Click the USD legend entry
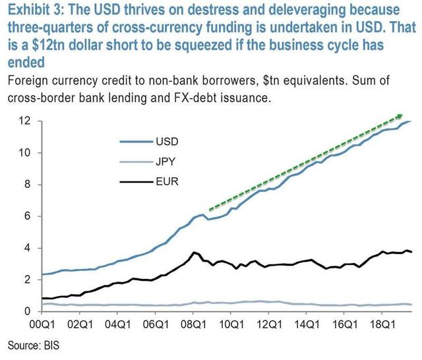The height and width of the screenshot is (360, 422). pyautogui.click(x=167, y=141)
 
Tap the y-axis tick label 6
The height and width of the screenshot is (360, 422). pyautogui.click(x=27, y=216)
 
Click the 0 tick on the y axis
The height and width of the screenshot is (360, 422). pyautogui.click(x=27, y=311)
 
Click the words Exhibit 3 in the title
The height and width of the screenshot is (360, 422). pyautogui.click(x=33, y=11)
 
